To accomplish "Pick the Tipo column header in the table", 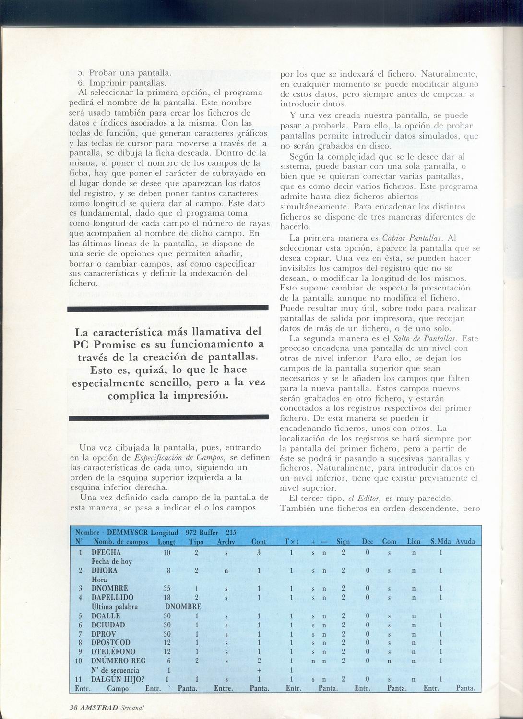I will click(197, 541).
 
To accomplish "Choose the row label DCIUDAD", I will click(108, 625).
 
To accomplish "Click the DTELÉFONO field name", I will click(113, 651).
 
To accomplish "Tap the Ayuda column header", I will click(465, 541).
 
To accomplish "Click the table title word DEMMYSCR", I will click(118, 533).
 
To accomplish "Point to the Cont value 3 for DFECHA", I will click(258, 552).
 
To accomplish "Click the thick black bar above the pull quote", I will click(168, 309).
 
